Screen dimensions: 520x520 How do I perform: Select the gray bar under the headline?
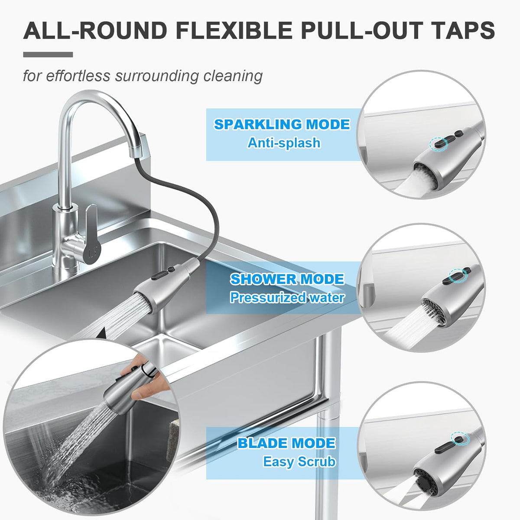(48, 55)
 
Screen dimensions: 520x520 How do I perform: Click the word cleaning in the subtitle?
(233, 76)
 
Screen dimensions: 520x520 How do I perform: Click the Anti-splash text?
(284, 143)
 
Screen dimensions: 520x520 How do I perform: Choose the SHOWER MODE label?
(287, 279)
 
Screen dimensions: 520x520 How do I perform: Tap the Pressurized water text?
(287, 297)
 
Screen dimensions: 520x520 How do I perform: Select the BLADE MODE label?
(286, 443)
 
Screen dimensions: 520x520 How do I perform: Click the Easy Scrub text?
(299, 461)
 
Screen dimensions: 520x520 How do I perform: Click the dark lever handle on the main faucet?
(91, 234)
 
